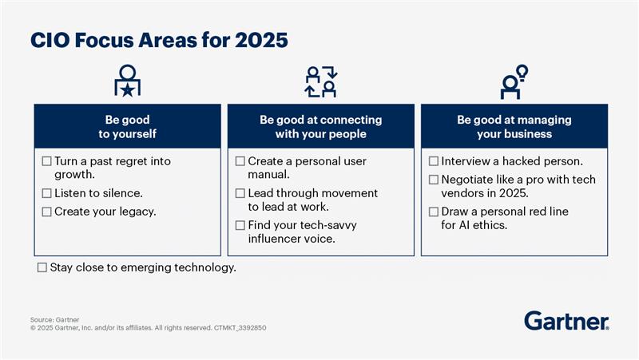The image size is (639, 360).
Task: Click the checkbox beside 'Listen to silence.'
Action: [x=47, y=193]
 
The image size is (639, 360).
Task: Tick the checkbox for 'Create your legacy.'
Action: [x=47, y=212]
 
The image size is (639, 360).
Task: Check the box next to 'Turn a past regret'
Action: [x=47, y=161]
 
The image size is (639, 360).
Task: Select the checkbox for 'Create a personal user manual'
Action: [x=240, y=161]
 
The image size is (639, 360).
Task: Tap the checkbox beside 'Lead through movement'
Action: [x=240, y=193]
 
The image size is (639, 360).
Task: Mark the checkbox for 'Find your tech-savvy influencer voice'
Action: [x=240, y=225]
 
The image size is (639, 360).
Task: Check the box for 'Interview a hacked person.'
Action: [x=434, y=161]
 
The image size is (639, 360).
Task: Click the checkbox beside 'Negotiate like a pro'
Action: [x=434, y=180]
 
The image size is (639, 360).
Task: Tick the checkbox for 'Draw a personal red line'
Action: [x=434, y=212]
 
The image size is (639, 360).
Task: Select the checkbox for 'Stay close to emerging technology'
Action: [x=42, y=267]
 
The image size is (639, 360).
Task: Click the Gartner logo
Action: [x=566, y=321]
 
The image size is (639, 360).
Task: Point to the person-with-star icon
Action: [x=128, y=81]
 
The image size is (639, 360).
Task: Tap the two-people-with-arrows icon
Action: [x=321, y=81]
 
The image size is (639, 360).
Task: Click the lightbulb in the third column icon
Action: [x=522, y=73]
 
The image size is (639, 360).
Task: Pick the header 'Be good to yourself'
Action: [x=128, y=127]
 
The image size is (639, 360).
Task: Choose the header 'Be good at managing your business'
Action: [x=514, y=127]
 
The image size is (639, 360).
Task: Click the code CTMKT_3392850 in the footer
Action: [x=240, y=328]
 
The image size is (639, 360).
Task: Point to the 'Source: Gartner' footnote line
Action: [x=54, y=319]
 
